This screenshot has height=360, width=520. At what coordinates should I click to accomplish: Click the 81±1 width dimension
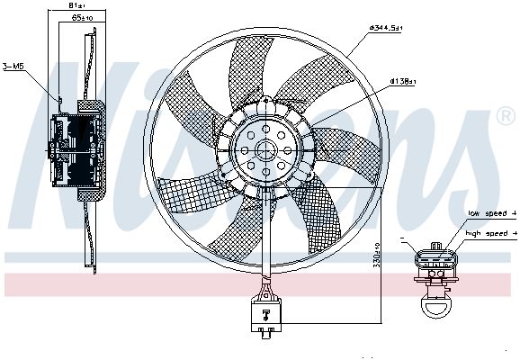click(x=78, y=6)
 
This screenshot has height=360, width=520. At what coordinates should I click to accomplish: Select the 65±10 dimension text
click(x=82, y=18)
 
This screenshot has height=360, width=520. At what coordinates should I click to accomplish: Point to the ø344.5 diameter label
click(x=386, y=29)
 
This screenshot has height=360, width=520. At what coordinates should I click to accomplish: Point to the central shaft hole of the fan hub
click(x=266, y=150)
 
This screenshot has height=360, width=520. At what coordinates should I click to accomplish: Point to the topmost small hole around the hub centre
click(x=266, y=130)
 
